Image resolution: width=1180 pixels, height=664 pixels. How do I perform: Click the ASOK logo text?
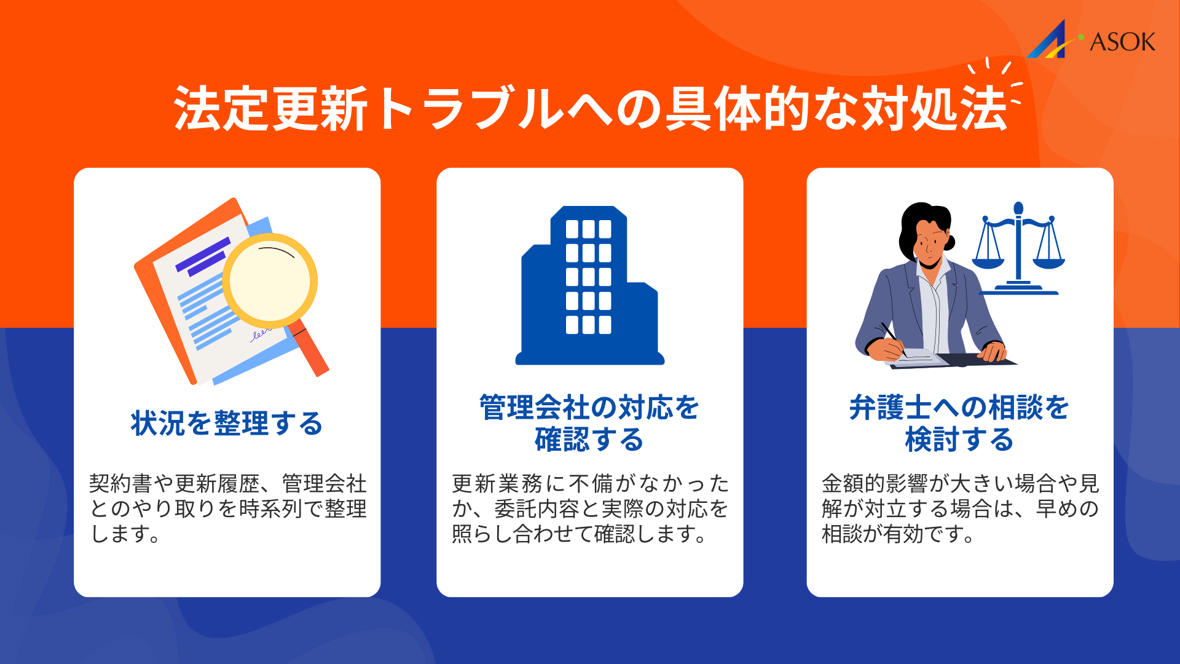[1122, 42]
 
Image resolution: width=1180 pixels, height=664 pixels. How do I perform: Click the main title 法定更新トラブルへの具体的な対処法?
[590, 109]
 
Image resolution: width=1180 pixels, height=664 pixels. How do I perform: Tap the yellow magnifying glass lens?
[270, 280]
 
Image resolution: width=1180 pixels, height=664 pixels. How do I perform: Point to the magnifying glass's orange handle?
[311, 350]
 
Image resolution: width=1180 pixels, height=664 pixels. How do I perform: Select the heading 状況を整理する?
[227, 424]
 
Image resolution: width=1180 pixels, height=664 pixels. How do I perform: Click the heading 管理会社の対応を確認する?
[589, 424]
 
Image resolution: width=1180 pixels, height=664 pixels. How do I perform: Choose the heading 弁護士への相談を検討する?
[959, 424]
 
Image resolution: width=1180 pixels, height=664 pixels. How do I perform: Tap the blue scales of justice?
[1018, 249]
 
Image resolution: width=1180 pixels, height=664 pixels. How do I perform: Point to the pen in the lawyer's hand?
[892, 338]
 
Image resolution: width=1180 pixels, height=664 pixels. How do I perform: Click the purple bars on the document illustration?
[203, 255]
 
